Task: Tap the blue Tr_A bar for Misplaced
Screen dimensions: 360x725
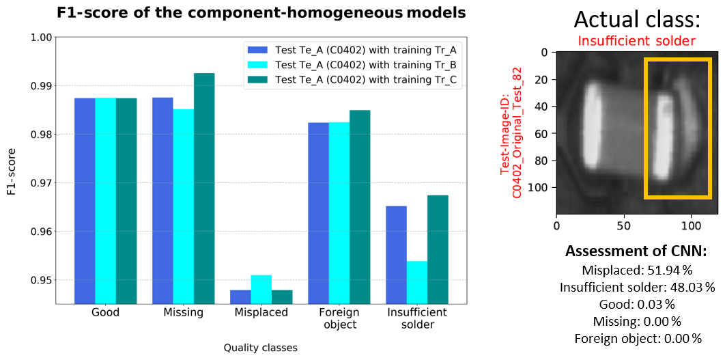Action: click(x=240, y=296)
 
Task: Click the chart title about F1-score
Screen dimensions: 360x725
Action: click(x=261, y=12)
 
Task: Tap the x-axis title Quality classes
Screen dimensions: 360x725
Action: click(x=261, y=348)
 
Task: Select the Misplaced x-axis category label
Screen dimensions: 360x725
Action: click(x=261, y=313)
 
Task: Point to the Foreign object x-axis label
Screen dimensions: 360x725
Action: click(x=340, y=318)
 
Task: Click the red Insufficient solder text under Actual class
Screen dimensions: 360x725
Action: click(x=636, y=41)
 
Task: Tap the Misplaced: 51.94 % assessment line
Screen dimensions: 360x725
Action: click(x=636, y=271)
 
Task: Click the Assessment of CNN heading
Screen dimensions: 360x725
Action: click(x=636, y=252)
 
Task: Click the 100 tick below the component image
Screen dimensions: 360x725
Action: click(x=691, y=225)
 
